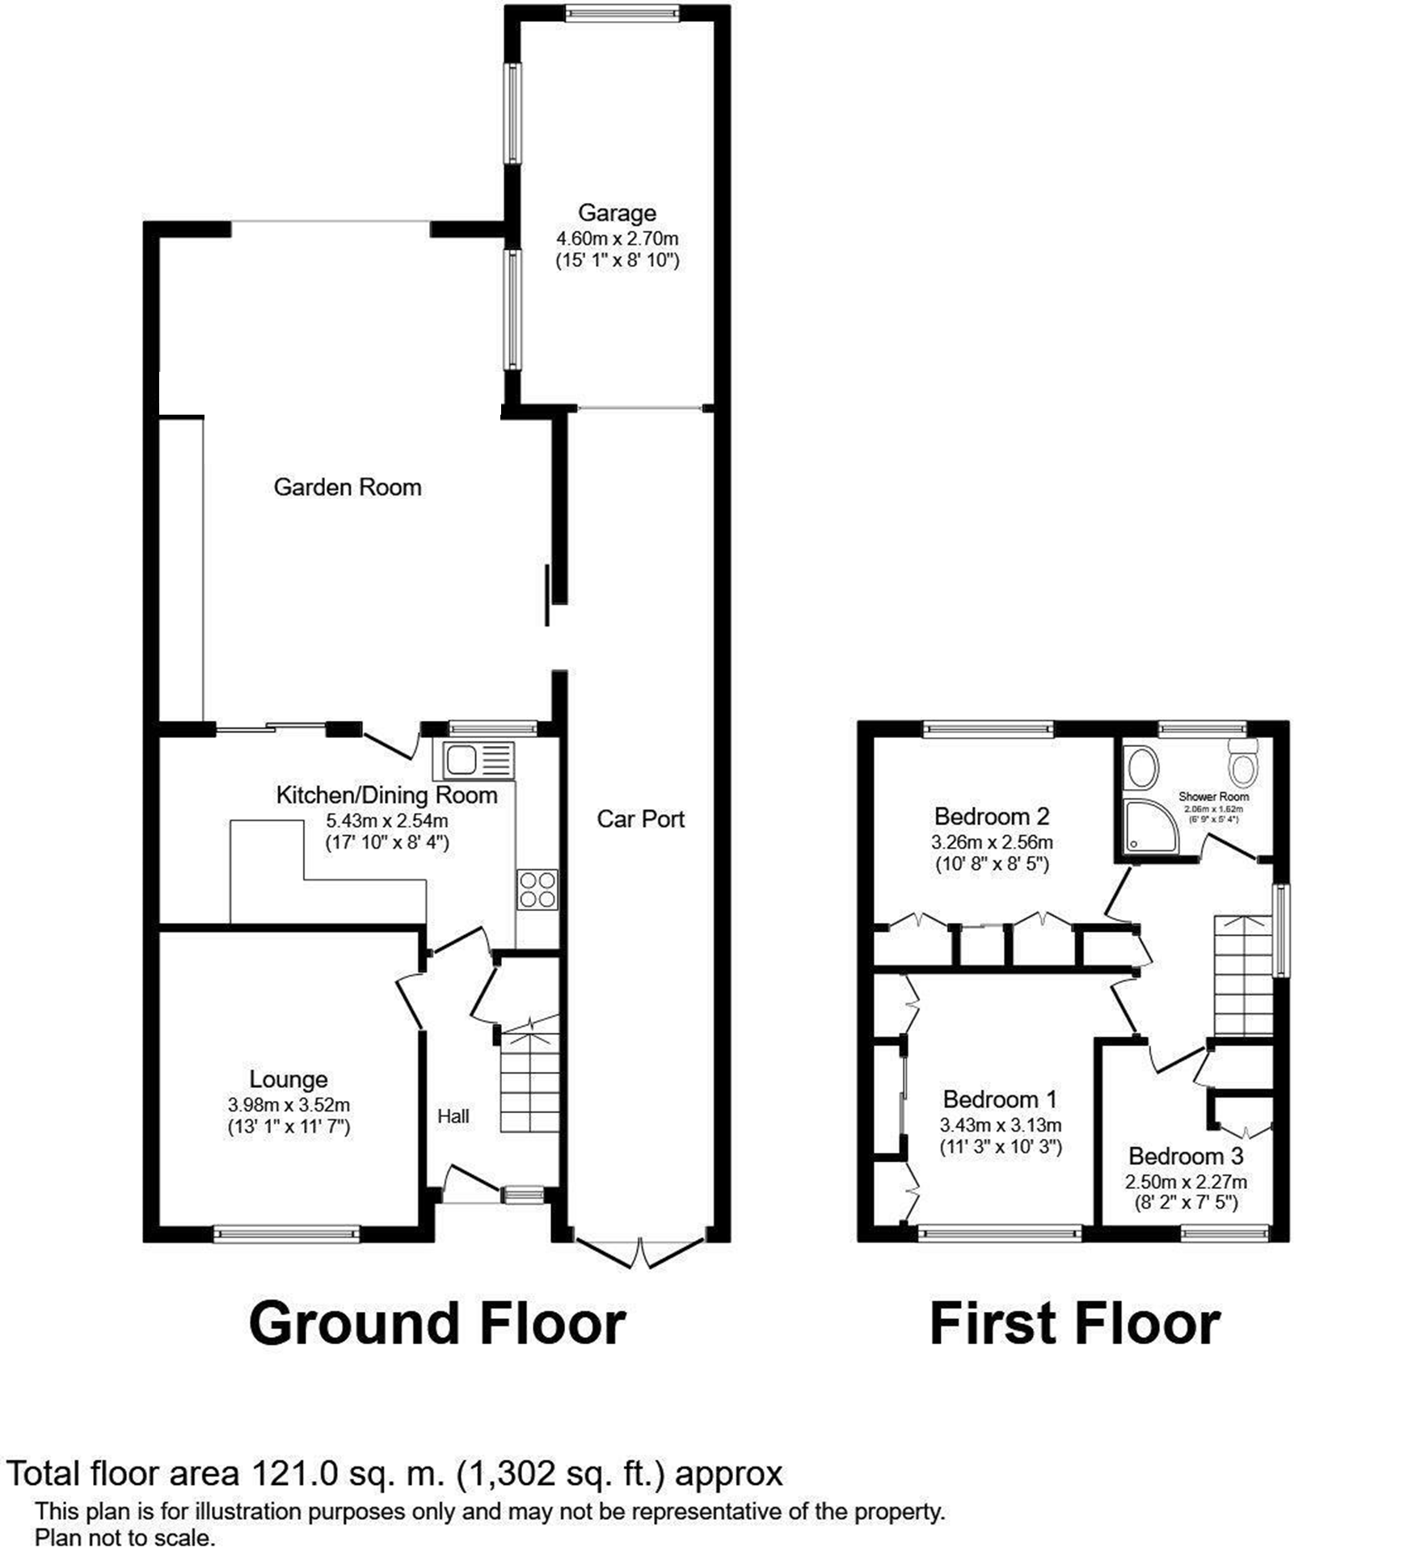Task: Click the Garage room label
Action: tap(616, 213)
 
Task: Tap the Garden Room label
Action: tap(348, 487)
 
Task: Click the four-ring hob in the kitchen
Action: tap(538, 888)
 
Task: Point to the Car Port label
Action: tap(640, 819)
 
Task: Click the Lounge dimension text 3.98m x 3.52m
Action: tap(289, 1105)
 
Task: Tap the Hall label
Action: tap(453, 1116)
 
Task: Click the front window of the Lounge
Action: tap(287, 1233)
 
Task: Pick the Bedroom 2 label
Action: tap(991, 816)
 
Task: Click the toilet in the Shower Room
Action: tap(1242, 763)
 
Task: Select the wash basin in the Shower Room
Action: tap(1142, 767)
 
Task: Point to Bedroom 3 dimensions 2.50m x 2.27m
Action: tap(1186, 1182)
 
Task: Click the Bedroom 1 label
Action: tap(1000, 1099)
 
